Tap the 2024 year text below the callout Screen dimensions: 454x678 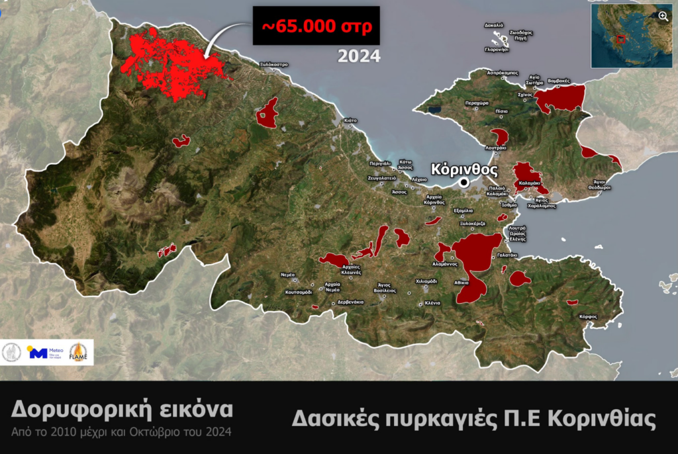(359, 56)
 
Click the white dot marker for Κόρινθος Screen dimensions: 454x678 (465, 182)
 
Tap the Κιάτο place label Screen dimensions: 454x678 (350, 120)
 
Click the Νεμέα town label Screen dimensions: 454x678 (288, 274)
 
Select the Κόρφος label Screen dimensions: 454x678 (587, 316)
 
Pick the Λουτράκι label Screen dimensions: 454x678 (495, 148)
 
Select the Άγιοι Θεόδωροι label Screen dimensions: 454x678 (600, 184)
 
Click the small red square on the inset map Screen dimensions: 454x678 (620, 40)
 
